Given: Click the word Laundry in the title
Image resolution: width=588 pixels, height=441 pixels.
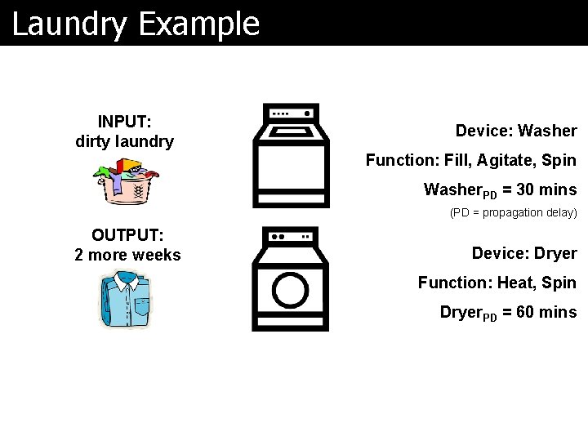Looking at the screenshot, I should (69, 24).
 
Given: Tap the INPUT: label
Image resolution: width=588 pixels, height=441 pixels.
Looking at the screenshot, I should (124, 122).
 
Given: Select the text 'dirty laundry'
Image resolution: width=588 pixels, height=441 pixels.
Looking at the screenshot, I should (124, 141).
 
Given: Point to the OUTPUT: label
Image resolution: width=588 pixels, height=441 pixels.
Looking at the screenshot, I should (127, 235).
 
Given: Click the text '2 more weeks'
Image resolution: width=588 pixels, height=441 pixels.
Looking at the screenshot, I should (127, 255).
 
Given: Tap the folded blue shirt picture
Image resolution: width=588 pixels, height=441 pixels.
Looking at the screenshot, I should (124, 301).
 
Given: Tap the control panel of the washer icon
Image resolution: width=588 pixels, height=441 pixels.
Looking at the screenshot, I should (291, 114).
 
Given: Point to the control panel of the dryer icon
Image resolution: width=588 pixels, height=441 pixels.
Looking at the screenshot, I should (290, 236).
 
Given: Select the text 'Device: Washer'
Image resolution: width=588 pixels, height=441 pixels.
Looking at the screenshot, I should (516, 131).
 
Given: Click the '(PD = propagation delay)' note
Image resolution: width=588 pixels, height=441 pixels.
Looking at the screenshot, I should (514, 212).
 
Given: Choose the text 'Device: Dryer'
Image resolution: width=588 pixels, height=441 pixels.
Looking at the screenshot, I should (524, 253).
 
